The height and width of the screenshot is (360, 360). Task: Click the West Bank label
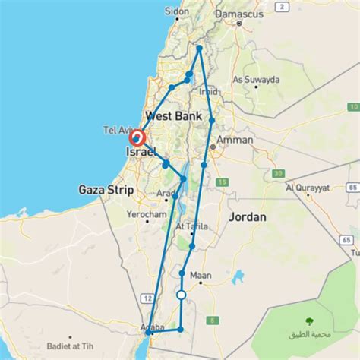coord(172,116)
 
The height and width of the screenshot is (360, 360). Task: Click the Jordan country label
coord(248,217)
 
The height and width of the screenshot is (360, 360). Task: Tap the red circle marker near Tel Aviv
coord(137,138)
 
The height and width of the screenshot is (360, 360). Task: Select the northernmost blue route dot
coord(199,48)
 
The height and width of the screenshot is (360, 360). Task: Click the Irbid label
coord(208,92)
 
